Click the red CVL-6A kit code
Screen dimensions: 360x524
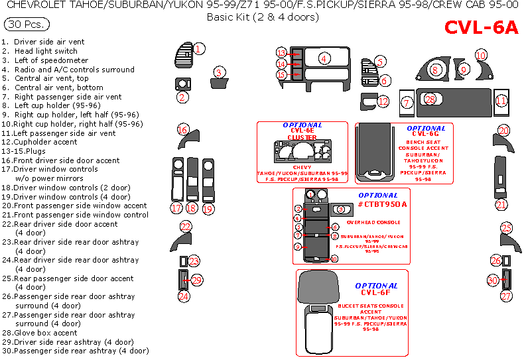point(481,27)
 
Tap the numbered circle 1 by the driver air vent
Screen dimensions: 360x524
point(199,48)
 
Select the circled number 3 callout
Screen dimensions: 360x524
point(219,72)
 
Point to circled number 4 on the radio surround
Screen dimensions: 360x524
point(324,58)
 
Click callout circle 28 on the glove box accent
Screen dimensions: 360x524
point(430,99)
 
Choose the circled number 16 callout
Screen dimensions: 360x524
point(183,129)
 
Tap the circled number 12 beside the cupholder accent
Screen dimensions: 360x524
point(383,101)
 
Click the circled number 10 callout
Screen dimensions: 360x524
point(481,55)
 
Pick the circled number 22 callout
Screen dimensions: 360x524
point(186,227)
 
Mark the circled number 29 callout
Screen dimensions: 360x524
point(196,280)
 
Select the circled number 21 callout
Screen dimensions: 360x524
point(501,205)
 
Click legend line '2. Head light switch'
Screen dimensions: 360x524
point(40,51)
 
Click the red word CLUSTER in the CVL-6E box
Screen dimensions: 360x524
point(302,138)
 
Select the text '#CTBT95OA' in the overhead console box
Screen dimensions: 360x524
point(381,204)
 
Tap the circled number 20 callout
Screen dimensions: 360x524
point(504,131)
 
